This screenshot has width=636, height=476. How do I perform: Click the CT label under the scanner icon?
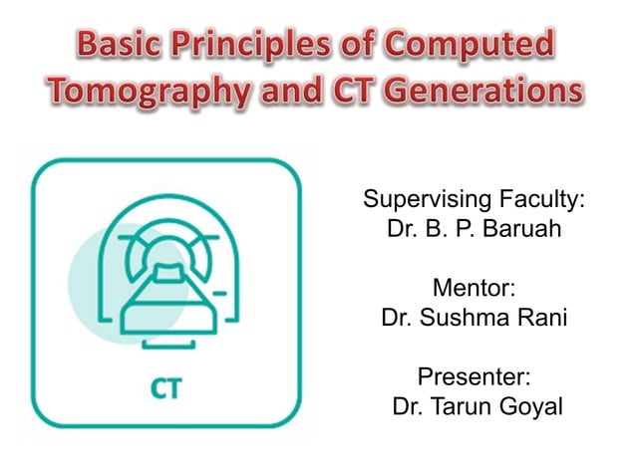(165, 388)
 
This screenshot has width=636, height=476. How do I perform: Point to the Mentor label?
(473, 289)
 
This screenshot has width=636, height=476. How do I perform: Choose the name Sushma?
(455, 320)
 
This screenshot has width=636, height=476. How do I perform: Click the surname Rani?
(537, 320)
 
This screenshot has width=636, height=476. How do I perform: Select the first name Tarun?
(463, 408)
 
